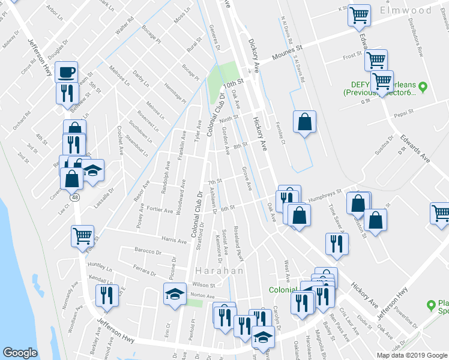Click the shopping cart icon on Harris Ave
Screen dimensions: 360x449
[82, 235]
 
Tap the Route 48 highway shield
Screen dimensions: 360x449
[74, 197]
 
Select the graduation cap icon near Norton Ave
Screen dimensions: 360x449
[175, 294]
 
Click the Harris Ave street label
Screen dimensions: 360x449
[174, 241]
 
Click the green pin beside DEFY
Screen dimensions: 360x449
[423, 88]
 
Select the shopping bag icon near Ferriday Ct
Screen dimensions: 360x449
[304, 122]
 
